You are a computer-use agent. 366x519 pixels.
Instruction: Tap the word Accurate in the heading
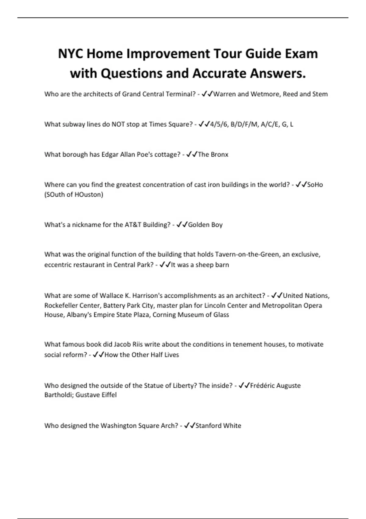coord(217,73)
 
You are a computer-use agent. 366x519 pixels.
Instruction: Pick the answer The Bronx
coord(213,154)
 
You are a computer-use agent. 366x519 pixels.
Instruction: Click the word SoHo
coord(315,185)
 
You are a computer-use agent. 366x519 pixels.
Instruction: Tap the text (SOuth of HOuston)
coord(74,194)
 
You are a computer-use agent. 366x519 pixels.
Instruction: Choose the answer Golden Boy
coord(205,225)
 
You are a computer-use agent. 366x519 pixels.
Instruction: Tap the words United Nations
coord(306,296)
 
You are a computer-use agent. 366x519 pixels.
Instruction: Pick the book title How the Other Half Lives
coord(142,355)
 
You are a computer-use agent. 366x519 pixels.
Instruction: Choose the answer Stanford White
coord(218,426)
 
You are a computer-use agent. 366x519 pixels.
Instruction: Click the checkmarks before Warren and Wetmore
coord(207,94)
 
